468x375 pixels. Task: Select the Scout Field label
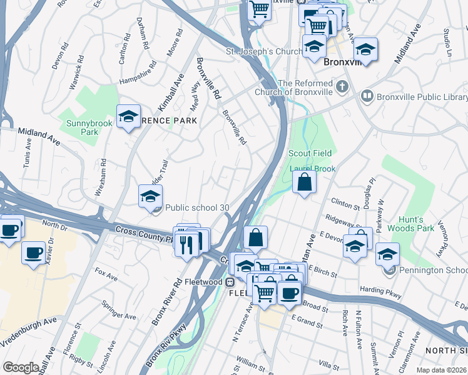[x=310, y=153]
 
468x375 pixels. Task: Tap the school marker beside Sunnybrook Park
[x=128, y=116]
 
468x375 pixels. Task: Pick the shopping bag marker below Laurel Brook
[x=304, y=182]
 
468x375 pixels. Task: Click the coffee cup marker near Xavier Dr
[x=33, y=253]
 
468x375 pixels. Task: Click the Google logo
[x=21, y=367]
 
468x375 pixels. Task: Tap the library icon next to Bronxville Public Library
[x=367, y=97]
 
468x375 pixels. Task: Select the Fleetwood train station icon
[x=230, y=282]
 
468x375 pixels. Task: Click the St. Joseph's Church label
[x=257, y=51]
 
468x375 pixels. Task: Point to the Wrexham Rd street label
[x=100, y=182]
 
